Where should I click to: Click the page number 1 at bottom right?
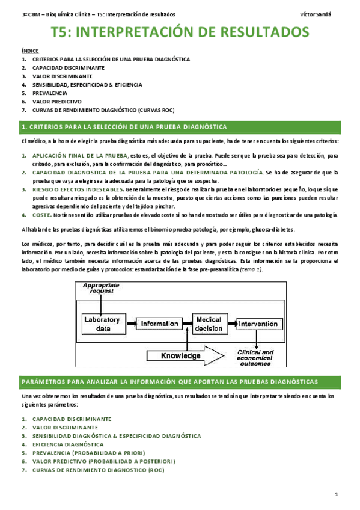[x=337, y=494]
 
